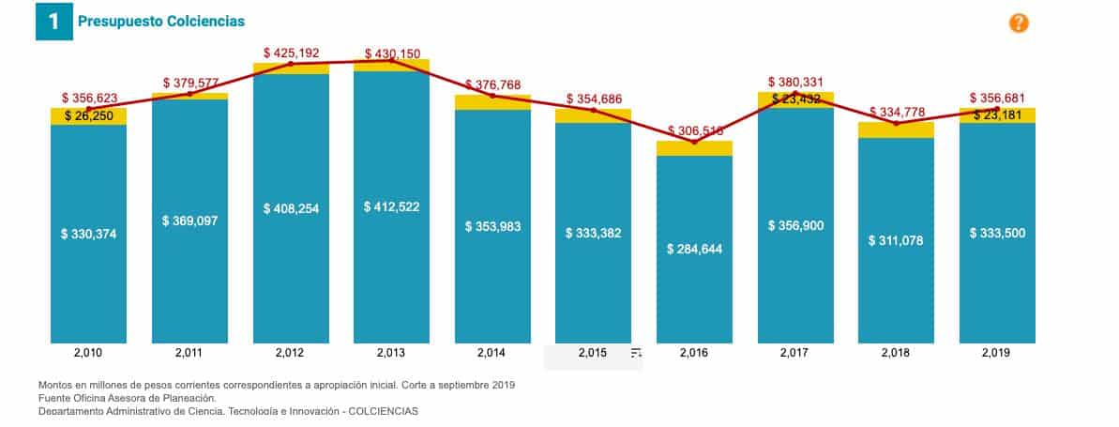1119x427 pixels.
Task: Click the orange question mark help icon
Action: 1019,23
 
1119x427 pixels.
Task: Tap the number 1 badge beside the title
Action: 53,22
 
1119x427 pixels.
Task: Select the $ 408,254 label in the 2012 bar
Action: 291,208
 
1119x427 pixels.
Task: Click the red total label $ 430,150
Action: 392,53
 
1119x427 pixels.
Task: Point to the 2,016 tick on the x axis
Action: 694,354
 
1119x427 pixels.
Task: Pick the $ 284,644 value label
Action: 694,249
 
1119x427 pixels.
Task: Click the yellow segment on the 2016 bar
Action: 694,148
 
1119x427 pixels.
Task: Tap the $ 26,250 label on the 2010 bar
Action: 88,114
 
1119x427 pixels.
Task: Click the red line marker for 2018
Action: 896,123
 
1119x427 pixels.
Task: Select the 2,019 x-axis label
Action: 997,354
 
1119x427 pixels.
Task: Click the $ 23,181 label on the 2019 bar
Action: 997,115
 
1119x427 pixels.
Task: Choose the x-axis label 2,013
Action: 391,354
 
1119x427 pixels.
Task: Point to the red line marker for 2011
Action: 189,94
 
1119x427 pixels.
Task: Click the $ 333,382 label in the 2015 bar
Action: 593,233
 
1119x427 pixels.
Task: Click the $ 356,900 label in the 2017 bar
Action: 795,225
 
